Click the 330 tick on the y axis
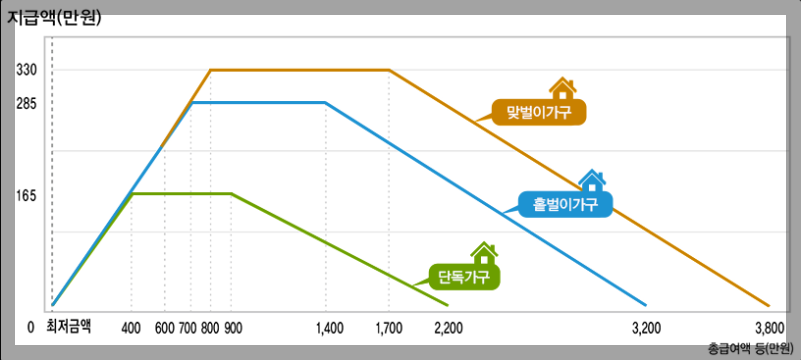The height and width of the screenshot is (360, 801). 26,70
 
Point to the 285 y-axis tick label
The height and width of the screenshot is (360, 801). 26,102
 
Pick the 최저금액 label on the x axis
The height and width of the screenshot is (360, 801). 68,326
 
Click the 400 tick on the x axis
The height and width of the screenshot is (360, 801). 131,327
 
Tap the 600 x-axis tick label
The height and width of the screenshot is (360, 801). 164,327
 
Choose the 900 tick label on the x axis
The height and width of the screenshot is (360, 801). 232,327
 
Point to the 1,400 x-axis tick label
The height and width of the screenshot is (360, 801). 328,327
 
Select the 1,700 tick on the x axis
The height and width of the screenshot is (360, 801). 389,327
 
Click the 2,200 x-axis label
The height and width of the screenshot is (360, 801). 450,327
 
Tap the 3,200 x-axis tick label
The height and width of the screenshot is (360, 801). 648,327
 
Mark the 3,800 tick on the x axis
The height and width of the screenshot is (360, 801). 769,327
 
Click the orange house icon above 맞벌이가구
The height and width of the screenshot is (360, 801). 562,88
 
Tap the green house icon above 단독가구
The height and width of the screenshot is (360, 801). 484,253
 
